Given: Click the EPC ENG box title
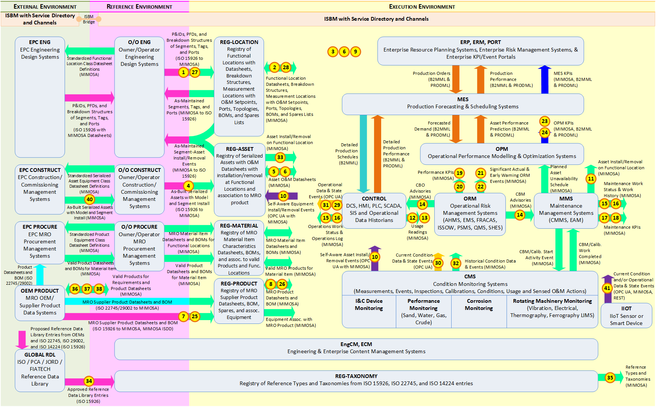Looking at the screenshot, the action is pyautogui.click(x=40, y=42).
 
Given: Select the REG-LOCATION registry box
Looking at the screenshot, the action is pyautogui.click(x=239, y=87).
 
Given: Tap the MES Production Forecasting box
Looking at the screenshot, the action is pyautogui.click(x=463, y=104).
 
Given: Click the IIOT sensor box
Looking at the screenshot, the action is pyautogui.click(x=626, y=316).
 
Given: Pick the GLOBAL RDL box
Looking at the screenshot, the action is pyautogui.click(x=40, y=371).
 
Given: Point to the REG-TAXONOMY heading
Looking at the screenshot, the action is pyautogui.click(x=356, y=376).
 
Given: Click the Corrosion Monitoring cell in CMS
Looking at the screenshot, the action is pyautogui.click(x=479, y=305).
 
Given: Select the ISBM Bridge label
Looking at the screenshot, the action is pyautogui.click(x=89, y=19).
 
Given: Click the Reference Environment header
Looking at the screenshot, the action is pyautogui.click(x=139, y=7).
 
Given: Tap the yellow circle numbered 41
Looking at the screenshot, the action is pyautogui.click(x=607, y=289).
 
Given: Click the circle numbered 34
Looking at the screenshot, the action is pyautogui.click(x=89, y=381).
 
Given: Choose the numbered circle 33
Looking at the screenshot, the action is pyautogui.click(x=280, y=157).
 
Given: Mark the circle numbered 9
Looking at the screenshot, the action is pyautogui.click(x=356, y=52).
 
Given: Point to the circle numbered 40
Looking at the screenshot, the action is pyautogui.click(x=89, y=199).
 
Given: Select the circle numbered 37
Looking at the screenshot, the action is pyautogui.click(x=87, y=289).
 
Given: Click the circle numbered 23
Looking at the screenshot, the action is pyautogui.click(x=545, y=121).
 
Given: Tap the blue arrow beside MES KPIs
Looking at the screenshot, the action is pyautogui.click(x=545, y=79).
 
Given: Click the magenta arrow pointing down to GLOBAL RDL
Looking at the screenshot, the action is pyautogui.click(x=22, y=340).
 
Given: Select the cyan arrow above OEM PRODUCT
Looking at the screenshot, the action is pyautogui.click(x=40, y=275).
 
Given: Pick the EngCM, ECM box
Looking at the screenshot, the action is pyautogui.click(x=356, y=349).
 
